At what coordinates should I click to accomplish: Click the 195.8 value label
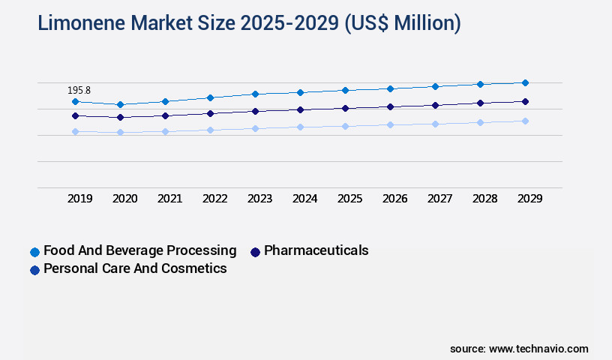click(79, 90)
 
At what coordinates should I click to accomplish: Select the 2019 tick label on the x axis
click(80, 199)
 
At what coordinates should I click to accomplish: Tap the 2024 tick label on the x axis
click(305, 199)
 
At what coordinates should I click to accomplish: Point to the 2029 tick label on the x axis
click(530, 199)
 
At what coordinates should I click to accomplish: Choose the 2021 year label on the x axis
click(170, 199)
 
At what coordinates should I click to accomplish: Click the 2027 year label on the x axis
click(440, 199)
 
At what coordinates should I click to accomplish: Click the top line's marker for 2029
click(525, 82)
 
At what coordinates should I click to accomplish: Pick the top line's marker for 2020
click(120, 104)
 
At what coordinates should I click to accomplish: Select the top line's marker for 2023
click(255, 94)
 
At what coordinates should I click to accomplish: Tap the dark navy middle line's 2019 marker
click(75, 115)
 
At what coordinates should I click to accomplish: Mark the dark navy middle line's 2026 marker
click(390, 106)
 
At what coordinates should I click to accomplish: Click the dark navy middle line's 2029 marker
click(525, 101)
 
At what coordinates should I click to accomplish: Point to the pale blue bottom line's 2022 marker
click(210, 130)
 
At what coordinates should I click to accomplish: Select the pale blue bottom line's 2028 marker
click(480, 122)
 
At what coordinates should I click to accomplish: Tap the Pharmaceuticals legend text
click(316, 250)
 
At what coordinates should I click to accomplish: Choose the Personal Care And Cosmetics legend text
click(135, 268)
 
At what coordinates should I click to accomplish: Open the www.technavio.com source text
click(538, 349)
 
